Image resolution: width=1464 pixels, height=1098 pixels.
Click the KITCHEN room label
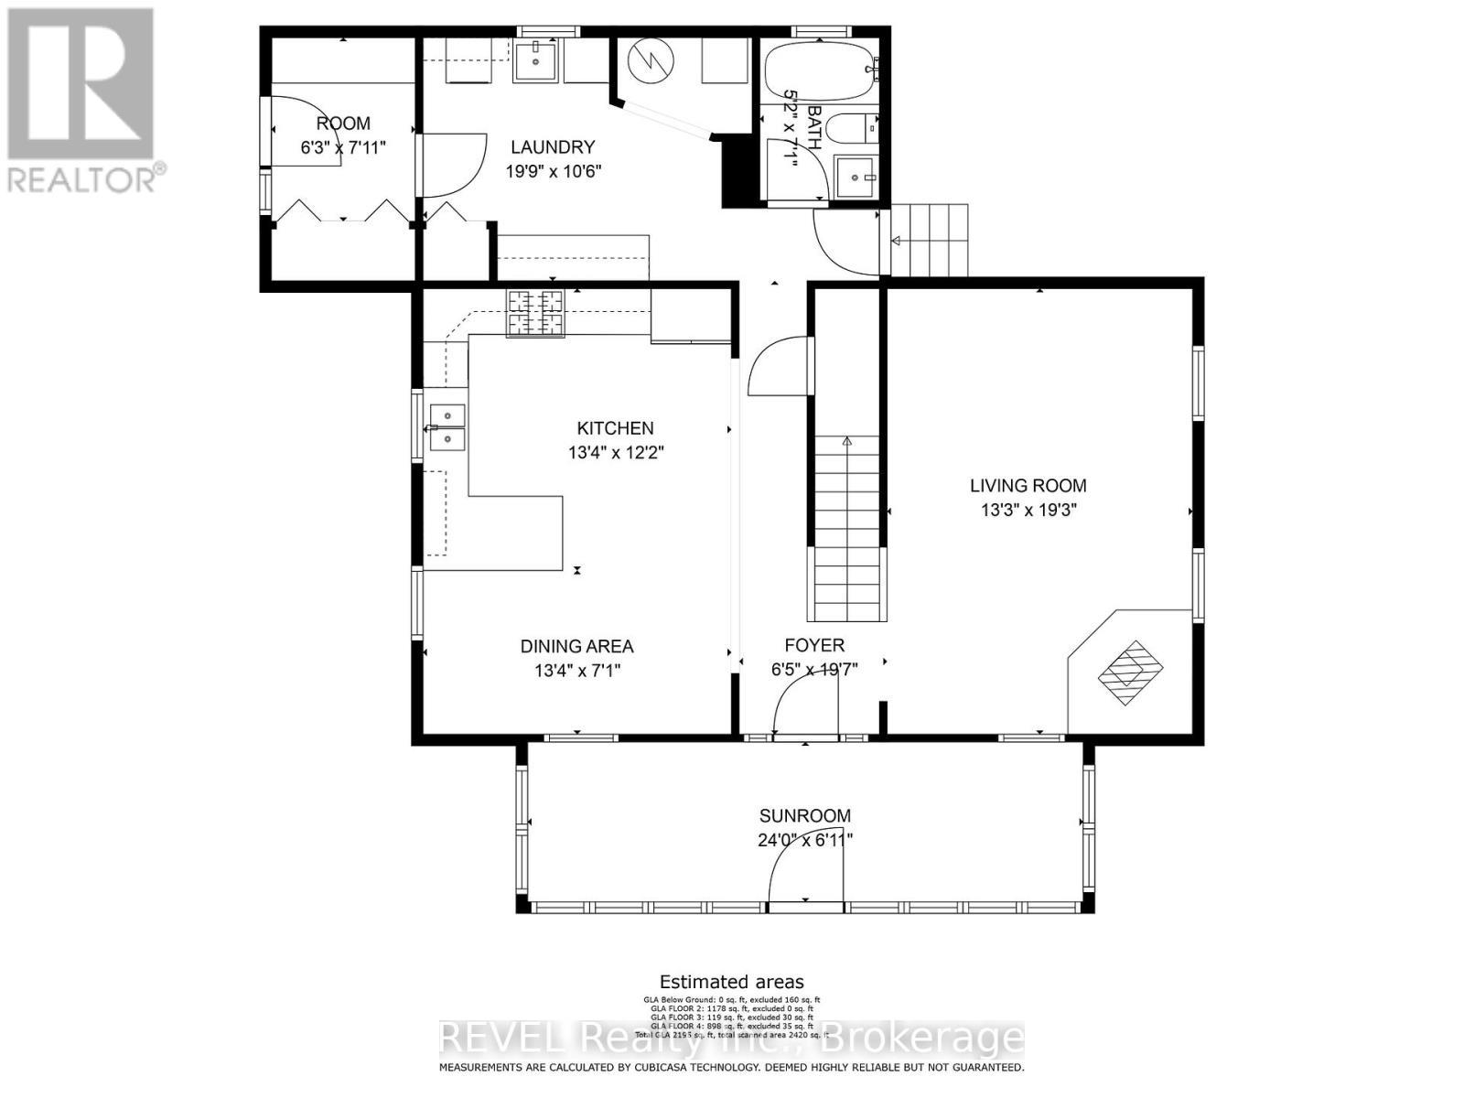[x=615, y=427]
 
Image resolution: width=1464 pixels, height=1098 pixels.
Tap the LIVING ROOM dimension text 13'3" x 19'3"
[x=1028, y=510]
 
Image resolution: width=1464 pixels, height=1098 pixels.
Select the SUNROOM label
[x=804, y=815]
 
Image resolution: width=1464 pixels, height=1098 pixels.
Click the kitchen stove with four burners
[x=536, y=312]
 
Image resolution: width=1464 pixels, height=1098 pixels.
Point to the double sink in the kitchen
[x=447, y=427]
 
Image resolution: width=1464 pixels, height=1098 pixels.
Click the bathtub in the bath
[x=820, y=69]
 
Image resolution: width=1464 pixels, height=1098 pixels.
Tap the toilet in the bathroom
[x=859, y=128]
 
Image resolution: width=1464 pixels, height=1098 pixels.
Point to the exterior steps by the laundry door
[x=930, y=240]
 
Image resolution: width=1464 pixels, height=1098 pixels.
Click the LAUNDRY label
[x=553, y=146]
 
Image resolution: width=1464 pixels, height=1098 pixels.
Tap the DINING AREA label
[x=576, y=646]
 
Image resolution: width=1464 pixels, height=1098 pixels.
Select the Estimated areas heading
[x=732, y=983]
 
